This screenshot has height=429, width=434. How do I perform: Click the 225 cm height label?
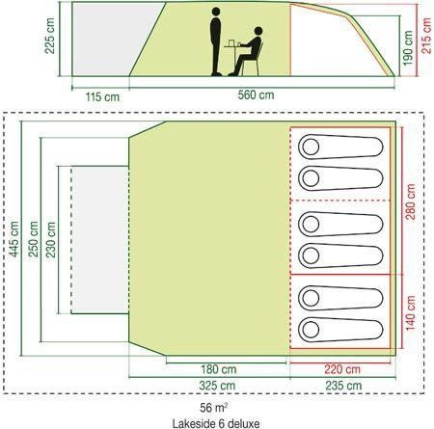[x=50, y=36]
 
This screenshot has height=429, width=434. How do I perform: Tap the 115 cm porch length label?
[x=102, y=97]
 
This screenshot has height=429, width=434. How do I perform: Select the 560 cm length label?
[x=256, y=95]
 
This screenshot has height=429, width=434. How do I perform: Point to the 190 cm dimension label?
[x=408, y=48]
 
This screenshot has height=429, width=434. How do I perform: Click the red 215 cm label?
[x=426, y=36]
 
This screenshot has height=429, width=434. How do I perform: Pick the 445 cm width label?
[x=14, y=239]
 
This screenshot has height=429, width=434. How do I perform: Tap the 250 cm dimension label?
[x=33, y=239]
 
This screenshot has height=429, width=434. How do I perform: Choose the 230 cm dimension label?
[x=51, y=240]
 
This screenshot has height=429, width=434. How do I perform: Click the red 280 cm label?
[x=411, y=201]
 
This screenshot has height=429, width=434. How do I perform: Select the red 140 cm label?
[x=411, y=313]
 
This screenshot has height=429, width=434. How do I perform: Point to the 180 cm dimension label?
[x=219, y=369]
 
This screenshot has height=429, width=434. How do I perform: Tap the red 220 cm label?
[x=342, y=369]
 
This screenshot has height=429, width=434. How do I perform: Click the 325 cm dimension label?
[x=217, y=386]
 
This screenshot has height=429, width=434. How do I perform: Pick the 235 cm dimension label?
[x=343, y=386]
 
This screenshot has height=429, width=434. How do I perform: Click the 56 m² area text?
[x=214, y=408]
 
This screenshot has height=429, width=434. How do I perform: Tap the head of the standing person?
[x=216, y=12]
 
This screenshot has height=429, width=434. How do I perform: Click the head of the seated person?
[x=258, y=31]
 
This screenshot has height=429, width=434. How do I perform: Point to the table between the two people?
[x=233, y=47]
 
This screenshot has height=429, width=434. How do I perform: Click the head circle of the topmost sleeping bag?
[x=311, y=147]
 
